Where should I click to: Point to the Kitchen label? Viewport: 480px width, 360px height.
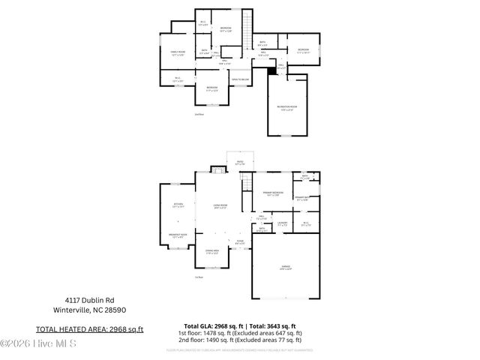pos(178,205)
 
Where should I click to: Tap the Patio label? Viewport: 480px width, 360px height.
pos(240,162)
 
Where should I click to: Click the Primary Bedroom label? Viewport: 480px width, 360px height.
pos(271,194)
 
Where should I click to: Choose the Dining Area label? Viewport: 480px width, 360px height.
pos(212,253)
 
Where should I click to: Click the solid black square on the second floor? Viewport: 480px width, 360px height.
pos(271,71)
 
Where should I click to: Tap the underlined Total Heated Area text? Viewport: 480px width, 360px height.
pos(90,329)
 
